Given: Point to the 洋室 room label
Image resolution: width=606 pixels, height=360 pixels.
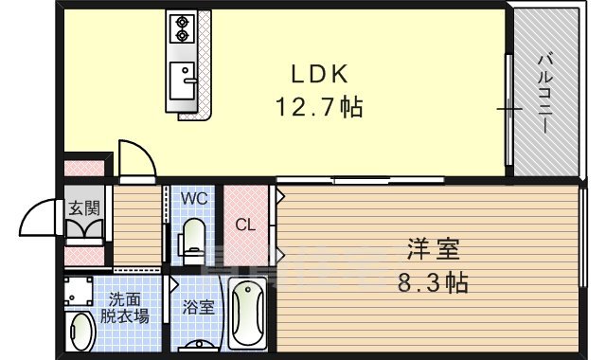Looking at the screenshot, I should pyautogui.click(x=433, y=250).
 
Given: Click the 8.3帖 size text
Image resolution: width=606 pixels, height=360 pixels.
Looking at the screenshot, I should pyautogui.click(x=433, y=282).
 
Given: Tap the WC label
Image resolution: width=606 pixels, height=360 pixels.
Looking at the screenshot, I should pyautogui.click(x=194, y=200).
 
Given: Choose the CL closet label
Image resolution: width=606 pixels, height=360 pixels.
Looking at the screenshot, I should pyautogui.click(x=244, y=226).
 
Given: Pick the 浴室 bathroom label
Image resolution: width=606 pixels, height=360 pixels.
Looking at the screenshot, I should pyautogui.click(x=199, y=307).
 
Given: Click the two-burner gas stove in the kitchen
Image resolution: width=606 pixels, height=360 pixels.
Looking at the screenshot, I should pyautogui.click(x=180, y=29).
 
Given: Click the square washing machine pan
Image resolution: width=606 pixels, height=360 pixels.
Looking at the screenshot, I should pyautogui.click(x=80, y=290).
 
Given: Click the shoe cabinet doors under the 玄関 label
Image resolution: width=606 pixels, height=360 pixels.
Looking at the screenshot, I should pyautogui.click(x=83, y=231).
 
